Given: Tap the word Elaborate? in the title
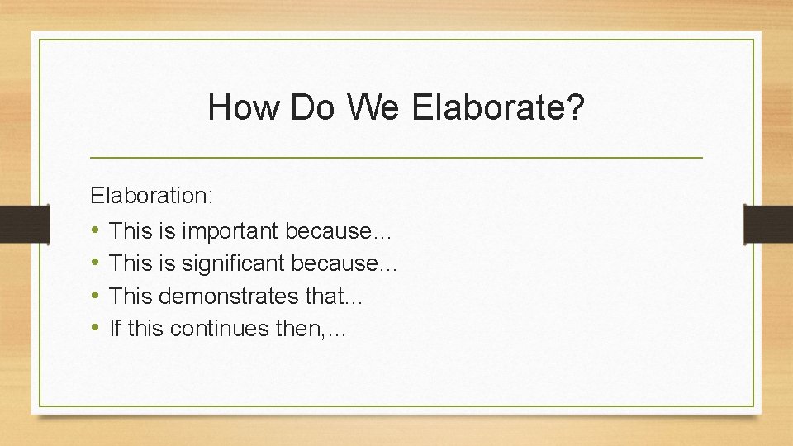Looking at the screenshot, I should (x=497, y=107).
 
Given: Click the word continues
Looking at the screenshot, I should (x=220, y=329).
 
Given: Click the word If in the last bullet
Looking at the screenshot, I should (x=115, y=329).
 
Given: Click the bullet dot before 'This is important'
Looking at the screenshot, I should (x=96, y=230).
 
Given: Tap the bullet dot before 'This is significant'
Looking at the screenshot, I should (x=96, y=263).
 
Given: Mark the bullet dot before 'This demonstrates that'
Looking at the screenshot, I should (x=96, y=296).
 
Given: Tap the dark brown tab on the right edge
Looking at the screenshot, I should (x=768, y=224).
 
